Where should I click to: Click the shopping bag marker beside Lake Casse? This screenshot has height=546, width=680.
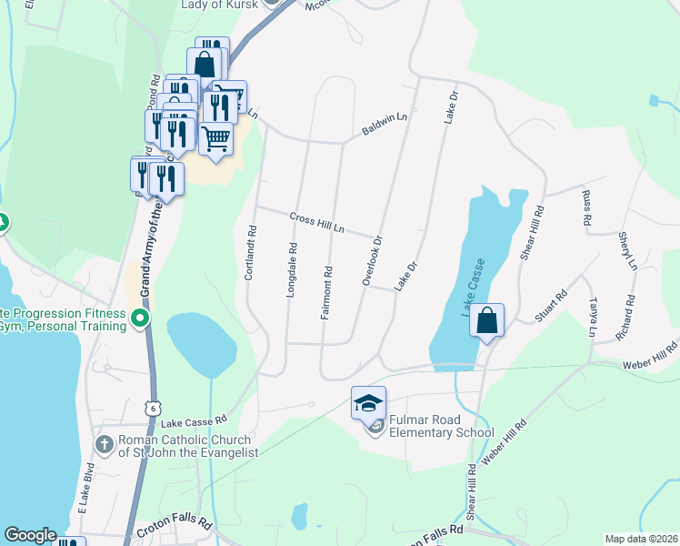pos(487,321)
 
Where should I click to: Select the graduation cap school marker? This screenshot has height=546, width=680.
pos(368,403)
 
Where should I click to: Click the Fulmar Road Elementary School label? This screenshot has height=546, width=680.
pos(442,427)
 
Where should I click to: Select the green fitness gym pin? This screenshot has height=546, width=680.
pos(139,319)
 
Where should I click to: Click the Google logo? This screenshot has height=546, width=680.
pos(31,535)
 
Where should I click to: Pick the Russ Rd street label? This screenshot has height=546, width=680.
pos(586,208)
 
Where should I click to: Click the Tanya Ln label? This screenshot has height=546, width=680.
pos(594,317)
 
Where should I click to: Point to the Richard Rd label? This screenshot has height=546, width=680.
pos(624,318)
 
